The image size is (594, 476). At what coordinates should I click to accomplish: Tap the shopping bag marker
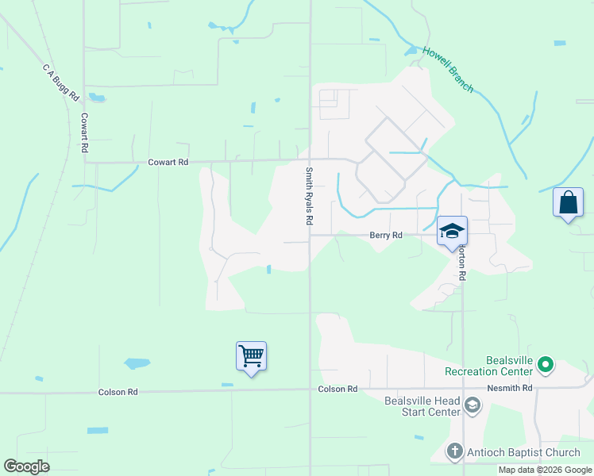[x=568, y=202]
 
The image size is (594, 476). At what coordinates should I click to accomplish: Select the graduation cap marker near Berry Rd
[x=452, y=231]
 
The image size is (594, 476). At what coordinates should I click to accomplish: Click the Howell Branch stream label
[x=448, y=69]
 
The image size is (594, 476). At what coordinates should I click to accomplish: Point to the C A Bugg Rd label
[x=61, y=83]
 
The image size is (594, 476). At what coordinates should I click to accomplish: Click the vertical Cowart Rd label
[x=83, y=132]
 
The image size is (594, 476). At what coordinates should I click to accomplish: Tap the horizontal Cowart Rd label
[x=168, y=162]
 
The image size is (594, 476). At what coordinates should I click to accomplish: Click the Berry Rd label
[x=386, y=235]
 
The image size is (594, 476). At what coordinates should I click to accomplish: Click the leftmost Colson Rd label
[x=118, y=392]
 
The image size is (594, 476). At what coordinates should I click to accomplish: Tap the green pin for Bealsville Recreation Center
[x=545, y=365]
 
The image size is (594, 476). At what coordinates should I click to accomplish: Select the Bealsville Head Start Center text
[x=422, y=406]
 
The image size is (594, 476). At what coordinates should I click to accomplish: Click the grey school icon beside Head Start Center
[x=472, y=406]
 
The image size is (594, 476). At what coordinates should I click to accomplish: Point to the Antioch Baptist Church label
[x=524, y=453]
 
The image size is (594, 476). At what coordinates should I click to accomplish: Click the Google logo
[x=26, y=466]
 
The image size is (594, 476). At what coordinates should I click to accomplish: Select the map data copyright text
[x=545, y=470]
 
